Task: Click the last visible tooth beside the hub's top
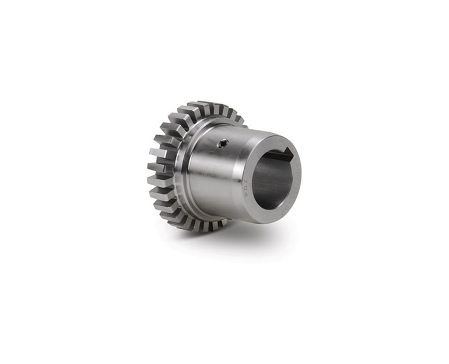click(x=239, y=120)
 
